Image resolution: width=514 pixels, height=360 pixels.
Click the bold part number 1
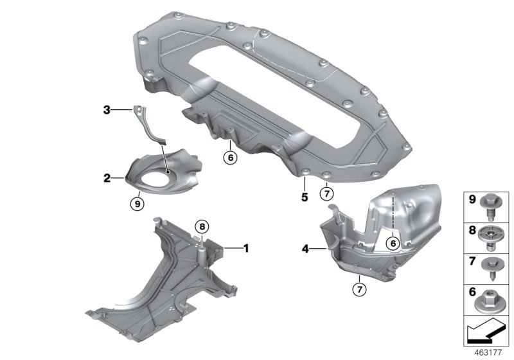pos(244,247)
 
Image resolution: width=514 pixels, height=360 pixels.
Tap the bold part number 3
pos(107,111)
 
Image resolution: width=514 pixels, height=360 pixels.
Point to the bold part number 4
pos(306,247)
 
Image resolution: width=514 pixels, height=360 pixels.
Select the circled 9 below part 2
pos(136,203)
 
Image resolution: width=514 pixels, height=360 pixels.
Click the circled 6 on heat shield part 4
pos(391,243)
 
